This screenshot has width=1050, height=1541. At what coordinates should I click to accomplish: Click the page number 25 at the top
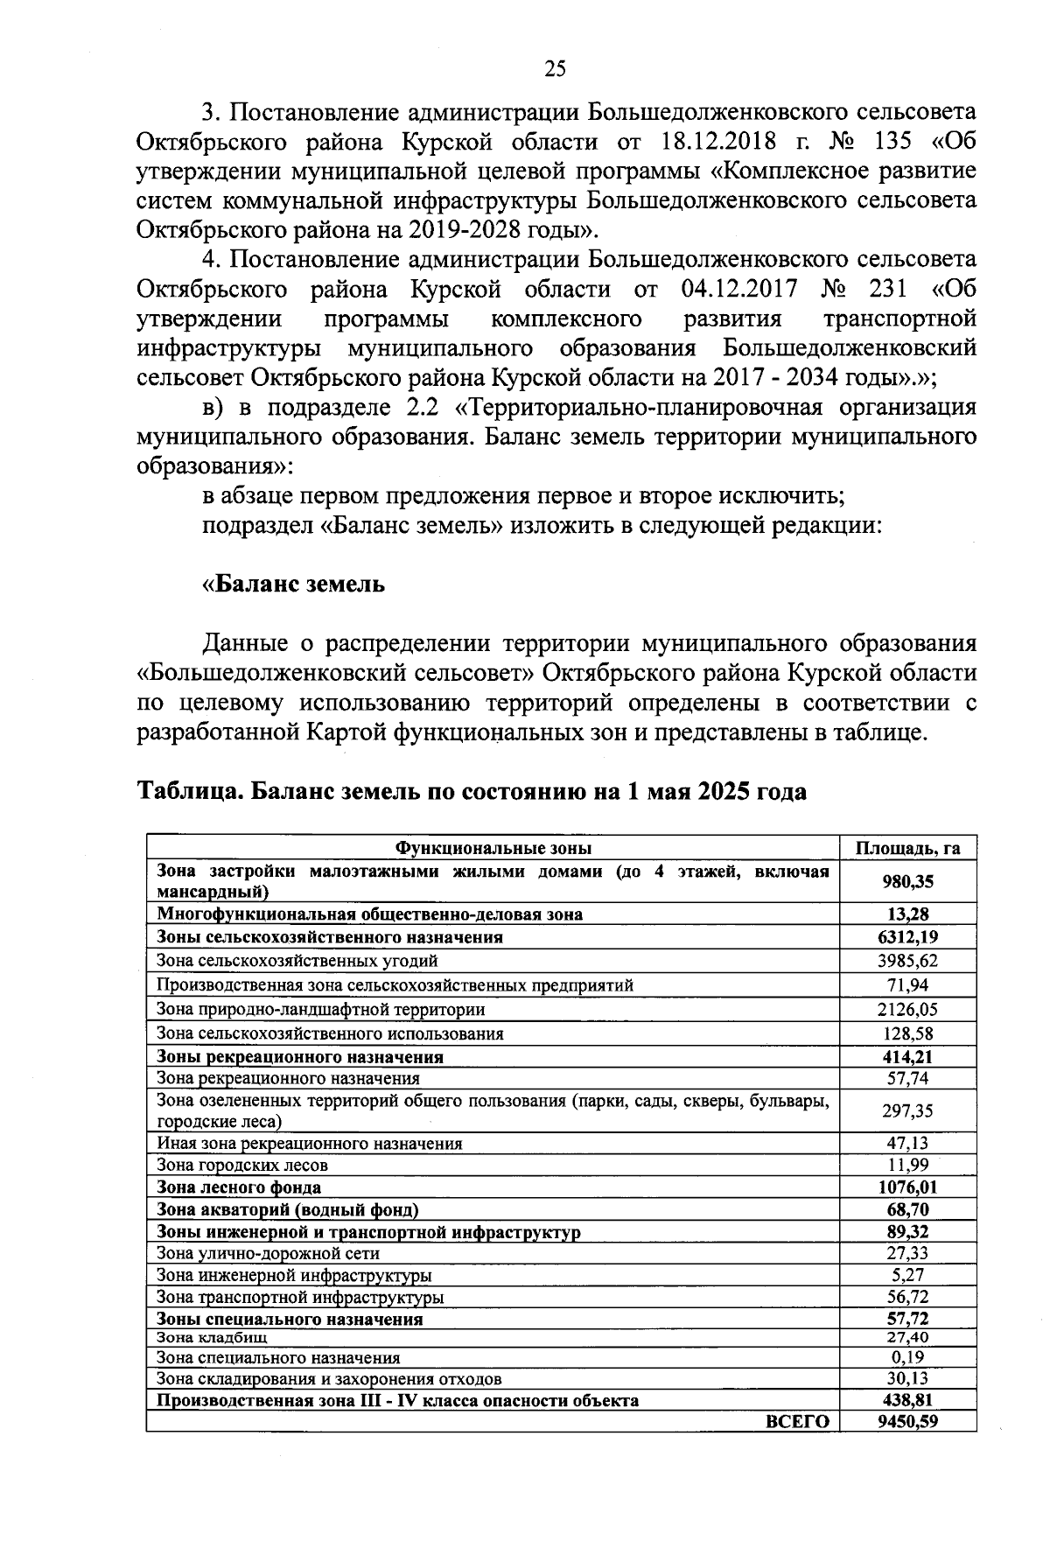point(556,69)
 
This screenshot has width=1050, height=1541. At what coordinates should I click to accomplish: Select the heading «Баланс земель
point(293,584)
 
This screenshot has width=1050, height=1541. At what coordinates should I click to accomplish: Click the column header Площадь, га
point(907,848)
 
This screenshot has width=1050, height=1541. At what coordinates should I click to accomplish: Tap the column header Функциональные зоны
point(493,848)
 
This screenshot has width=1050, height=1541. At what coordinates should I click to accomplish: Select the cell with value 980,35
point(907,881)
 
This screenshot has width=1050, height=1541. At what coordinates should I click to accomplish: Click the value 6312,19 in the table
point(907,937)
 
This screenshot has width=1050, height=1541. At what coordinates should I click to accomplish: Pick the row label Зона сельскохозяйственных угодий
point(297,961)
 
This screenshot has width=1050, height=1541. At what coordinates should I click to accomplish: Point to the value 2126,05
point(907,1009)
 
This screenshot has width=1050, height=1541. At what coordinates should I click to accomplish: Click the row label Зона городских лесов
point(242,1165)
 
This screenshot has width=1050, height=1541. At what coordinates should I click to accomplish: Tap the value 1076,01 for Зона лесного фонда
point(907,1187)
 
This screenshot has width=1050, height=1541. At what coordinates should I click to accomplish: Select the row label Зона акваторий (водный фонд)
point(287,1210)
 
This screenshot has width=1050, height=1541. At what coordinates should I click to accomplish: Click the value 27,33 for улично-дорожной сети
point(907,1253)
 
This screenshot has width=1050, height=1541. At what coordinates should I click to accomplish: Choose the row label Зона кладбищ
point(212,1337)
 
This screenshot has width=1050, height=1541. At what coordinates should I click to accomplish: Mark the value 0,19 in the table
point(907,1357)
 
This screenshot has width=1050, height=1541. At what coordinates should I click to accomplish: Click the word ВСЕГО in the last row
point(797,1422)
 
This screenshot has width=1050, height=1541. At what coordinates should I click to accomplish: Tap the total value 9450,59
point(907,1421)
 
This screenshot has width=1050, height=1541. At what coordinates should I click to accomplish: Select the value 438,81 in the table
point(907,1400)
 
